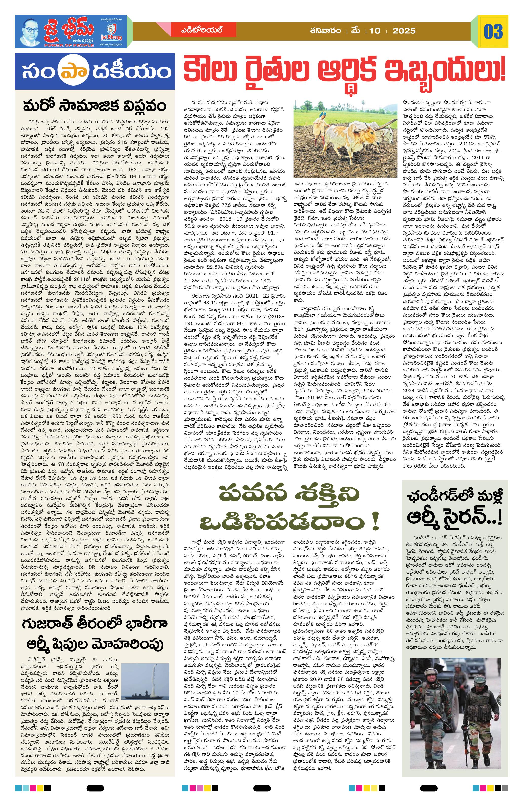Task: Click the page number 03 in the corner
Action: click(493, 31)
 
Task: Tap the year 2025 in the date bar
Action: click(404, 31)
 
